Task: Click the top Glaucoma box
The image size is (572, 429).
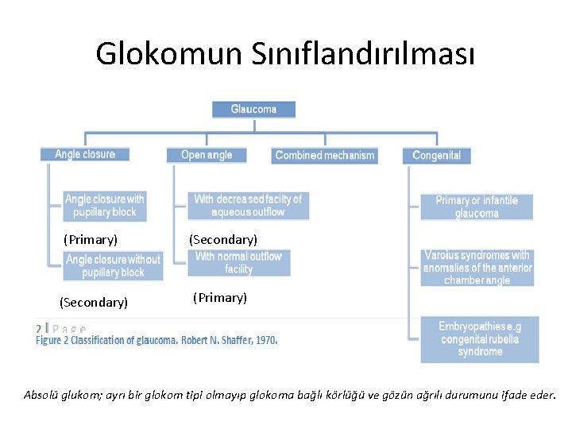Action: tap(253, 109)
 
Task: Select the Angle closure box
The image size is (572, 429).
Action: tap(84, 154)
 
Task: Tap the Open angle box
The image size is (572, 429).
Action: tap(207, 155)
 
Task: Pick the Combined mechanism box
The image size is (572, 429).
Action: tap(324, 156)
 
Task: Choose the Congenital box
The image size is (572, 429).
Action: tap(436, 156)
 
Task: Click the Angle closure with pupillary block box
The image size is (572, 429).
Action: tap(105, 206)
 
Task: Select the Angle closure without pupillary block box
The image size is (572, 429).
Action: tap(113, 266)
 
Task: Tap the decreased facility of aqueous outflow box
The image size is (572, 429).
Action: tap(248, 206)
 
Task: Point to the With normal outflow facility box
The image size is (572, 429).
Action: tap(238, 263)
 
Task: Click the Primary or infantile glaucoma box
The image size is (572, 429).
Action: tap(477, 207)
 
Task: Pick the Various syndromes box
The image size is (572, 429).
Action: tap(477, 268)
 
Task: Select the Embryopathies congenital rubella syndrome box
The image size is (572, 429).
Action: tap(480, 339)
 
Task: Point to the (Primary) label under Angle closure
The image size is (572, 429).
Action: tap(91, 239)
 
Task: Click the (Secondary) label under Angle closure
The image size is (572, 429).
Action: tap(94, 302)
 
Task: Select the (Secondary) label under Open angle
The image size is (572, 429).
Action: tap(222, 239)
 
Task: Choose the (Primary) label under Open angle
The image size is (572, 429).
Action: tap(220, 298)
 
